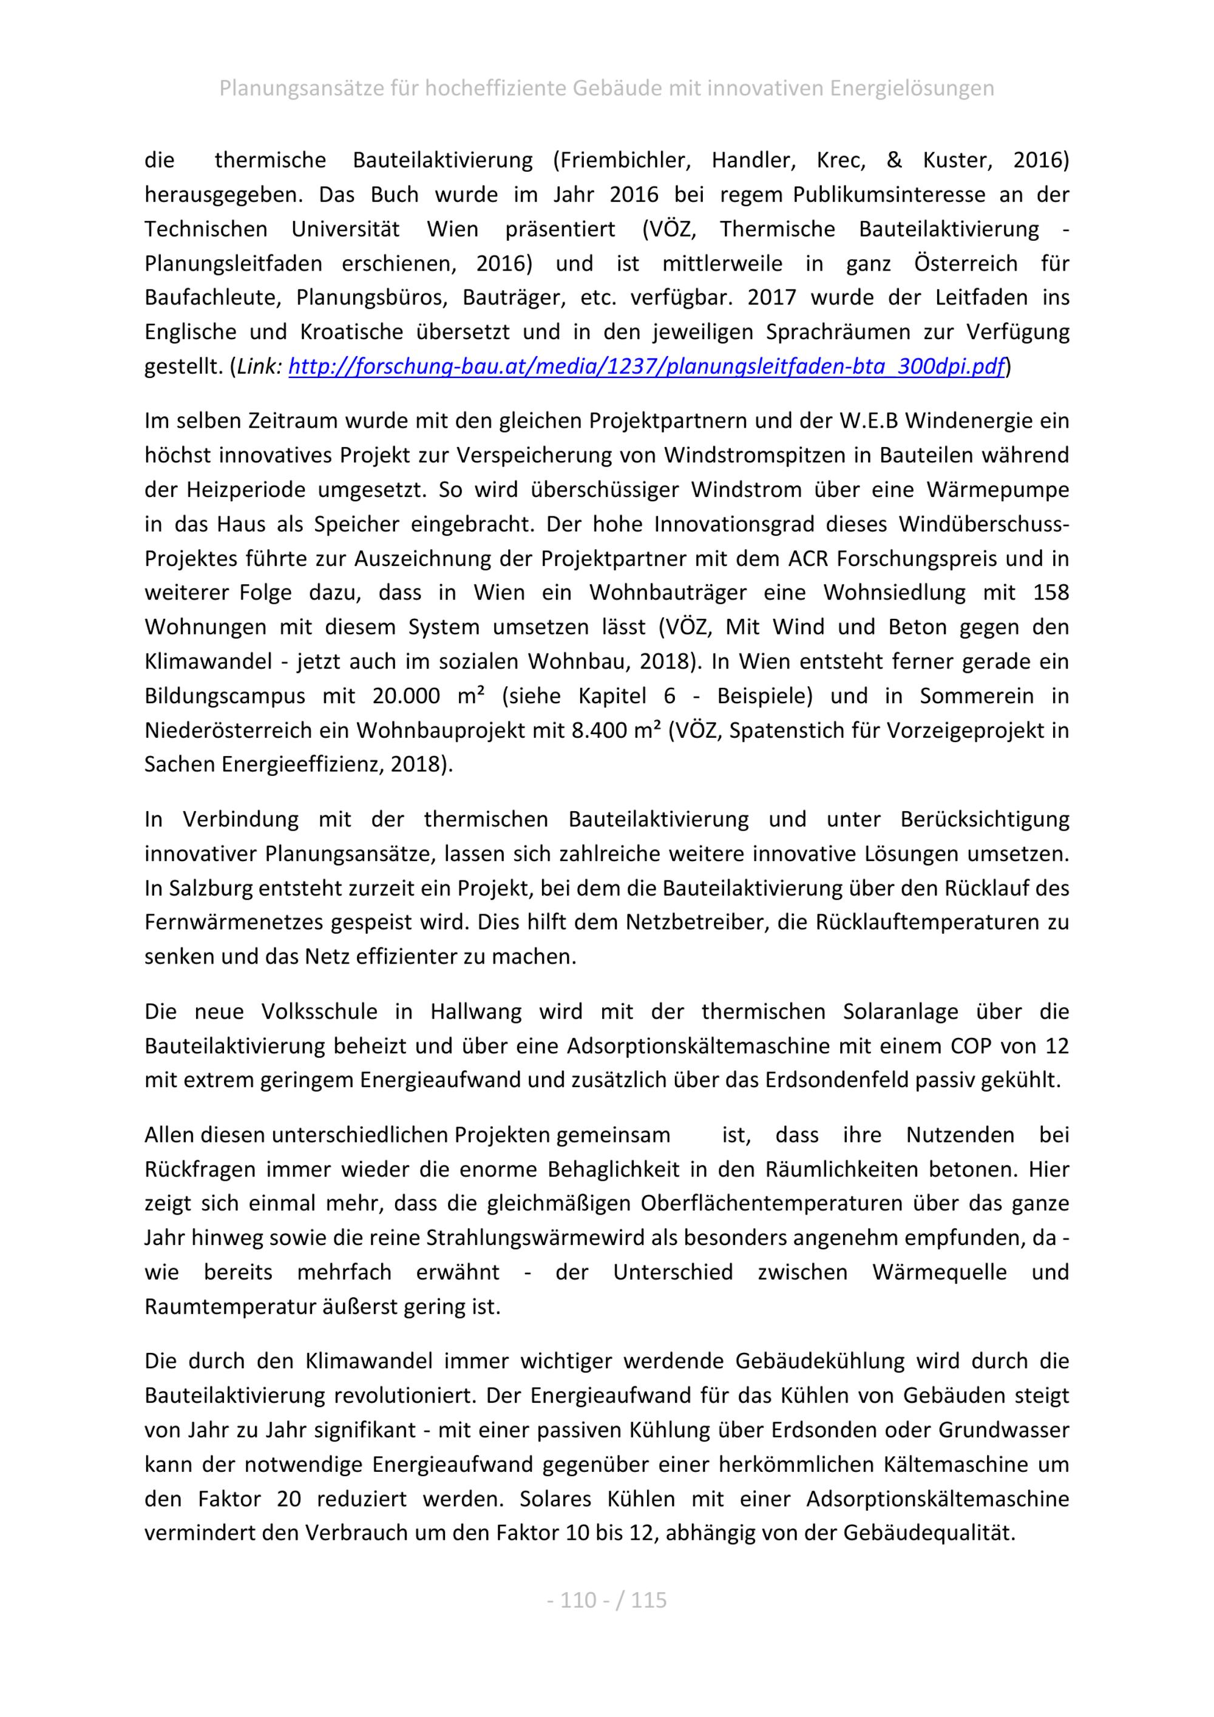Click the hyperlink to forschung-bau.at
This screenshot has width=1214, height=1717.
click(x=645, y=367)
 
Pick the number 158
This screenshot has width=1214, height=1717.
click(x=1050, y=593)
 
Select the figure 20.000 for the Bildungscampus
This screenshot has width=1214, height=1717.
click(x=406, y=697)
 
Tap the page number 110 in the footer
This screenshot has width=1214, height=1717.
click(x=579, y=1601)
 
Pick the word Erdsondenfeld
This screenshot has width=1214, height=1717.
click(x=837, y=1081)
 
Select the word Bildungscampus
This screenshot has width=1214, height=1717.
click(x=225, y=697)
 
